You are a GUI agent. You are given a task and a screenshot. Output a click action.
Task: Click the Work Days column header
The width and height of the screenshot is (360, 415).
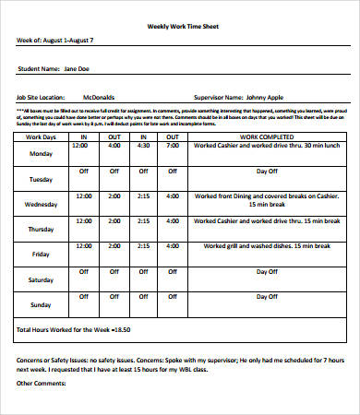tap(41, 136)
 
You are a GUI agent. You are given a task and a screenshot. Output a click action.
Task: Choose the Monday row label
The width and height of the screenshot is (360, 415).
tap(41, 154)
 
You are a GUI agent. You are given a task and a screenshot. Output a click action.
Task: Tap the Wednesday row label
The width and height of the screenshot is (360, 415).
tap(41, 204)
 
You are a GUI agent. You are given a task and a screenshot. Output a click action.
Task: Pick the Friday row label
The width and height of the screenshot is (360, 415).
tap(41, 254)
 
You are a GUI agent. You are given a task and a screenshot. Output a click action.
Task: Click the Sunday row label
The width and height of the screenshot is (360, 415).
tap(41, 303)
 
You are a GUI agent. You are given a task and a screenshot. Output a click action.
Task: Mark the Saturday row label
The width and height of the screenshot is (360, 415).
tap(41, 279)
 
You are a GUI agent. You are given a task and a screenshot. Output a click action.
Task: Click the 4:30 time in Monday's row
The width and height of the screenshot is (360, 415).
tap(144, 146)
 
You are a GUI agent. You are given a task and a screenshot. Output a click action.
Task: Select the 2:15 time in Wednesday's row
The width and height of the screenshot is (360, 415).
tap(144, 196)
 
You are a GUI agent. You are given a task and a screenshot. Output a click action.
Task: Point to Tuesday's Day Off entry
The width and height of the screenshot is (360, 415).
tap(266, 172)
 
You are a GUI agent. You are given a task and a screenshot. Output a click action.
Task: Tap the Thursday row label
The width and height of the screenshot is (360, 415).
tap(41, 229)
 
